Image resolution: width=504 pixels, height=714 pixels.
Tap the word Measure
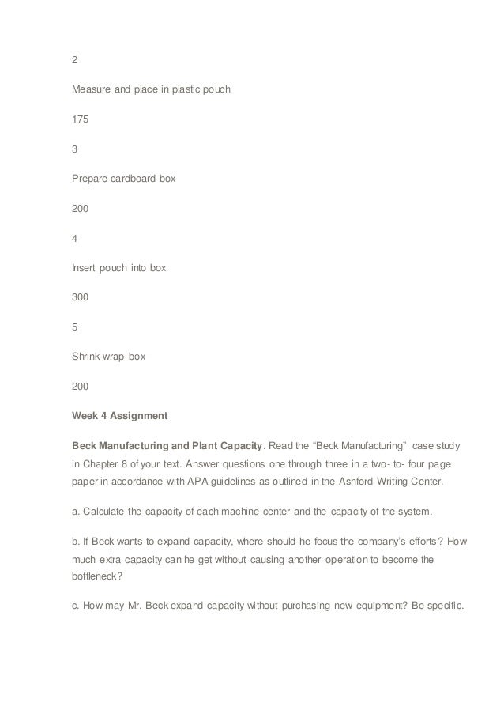(91, 89)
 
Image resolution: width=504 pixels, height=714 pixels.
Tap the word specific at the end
(434, 609)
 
